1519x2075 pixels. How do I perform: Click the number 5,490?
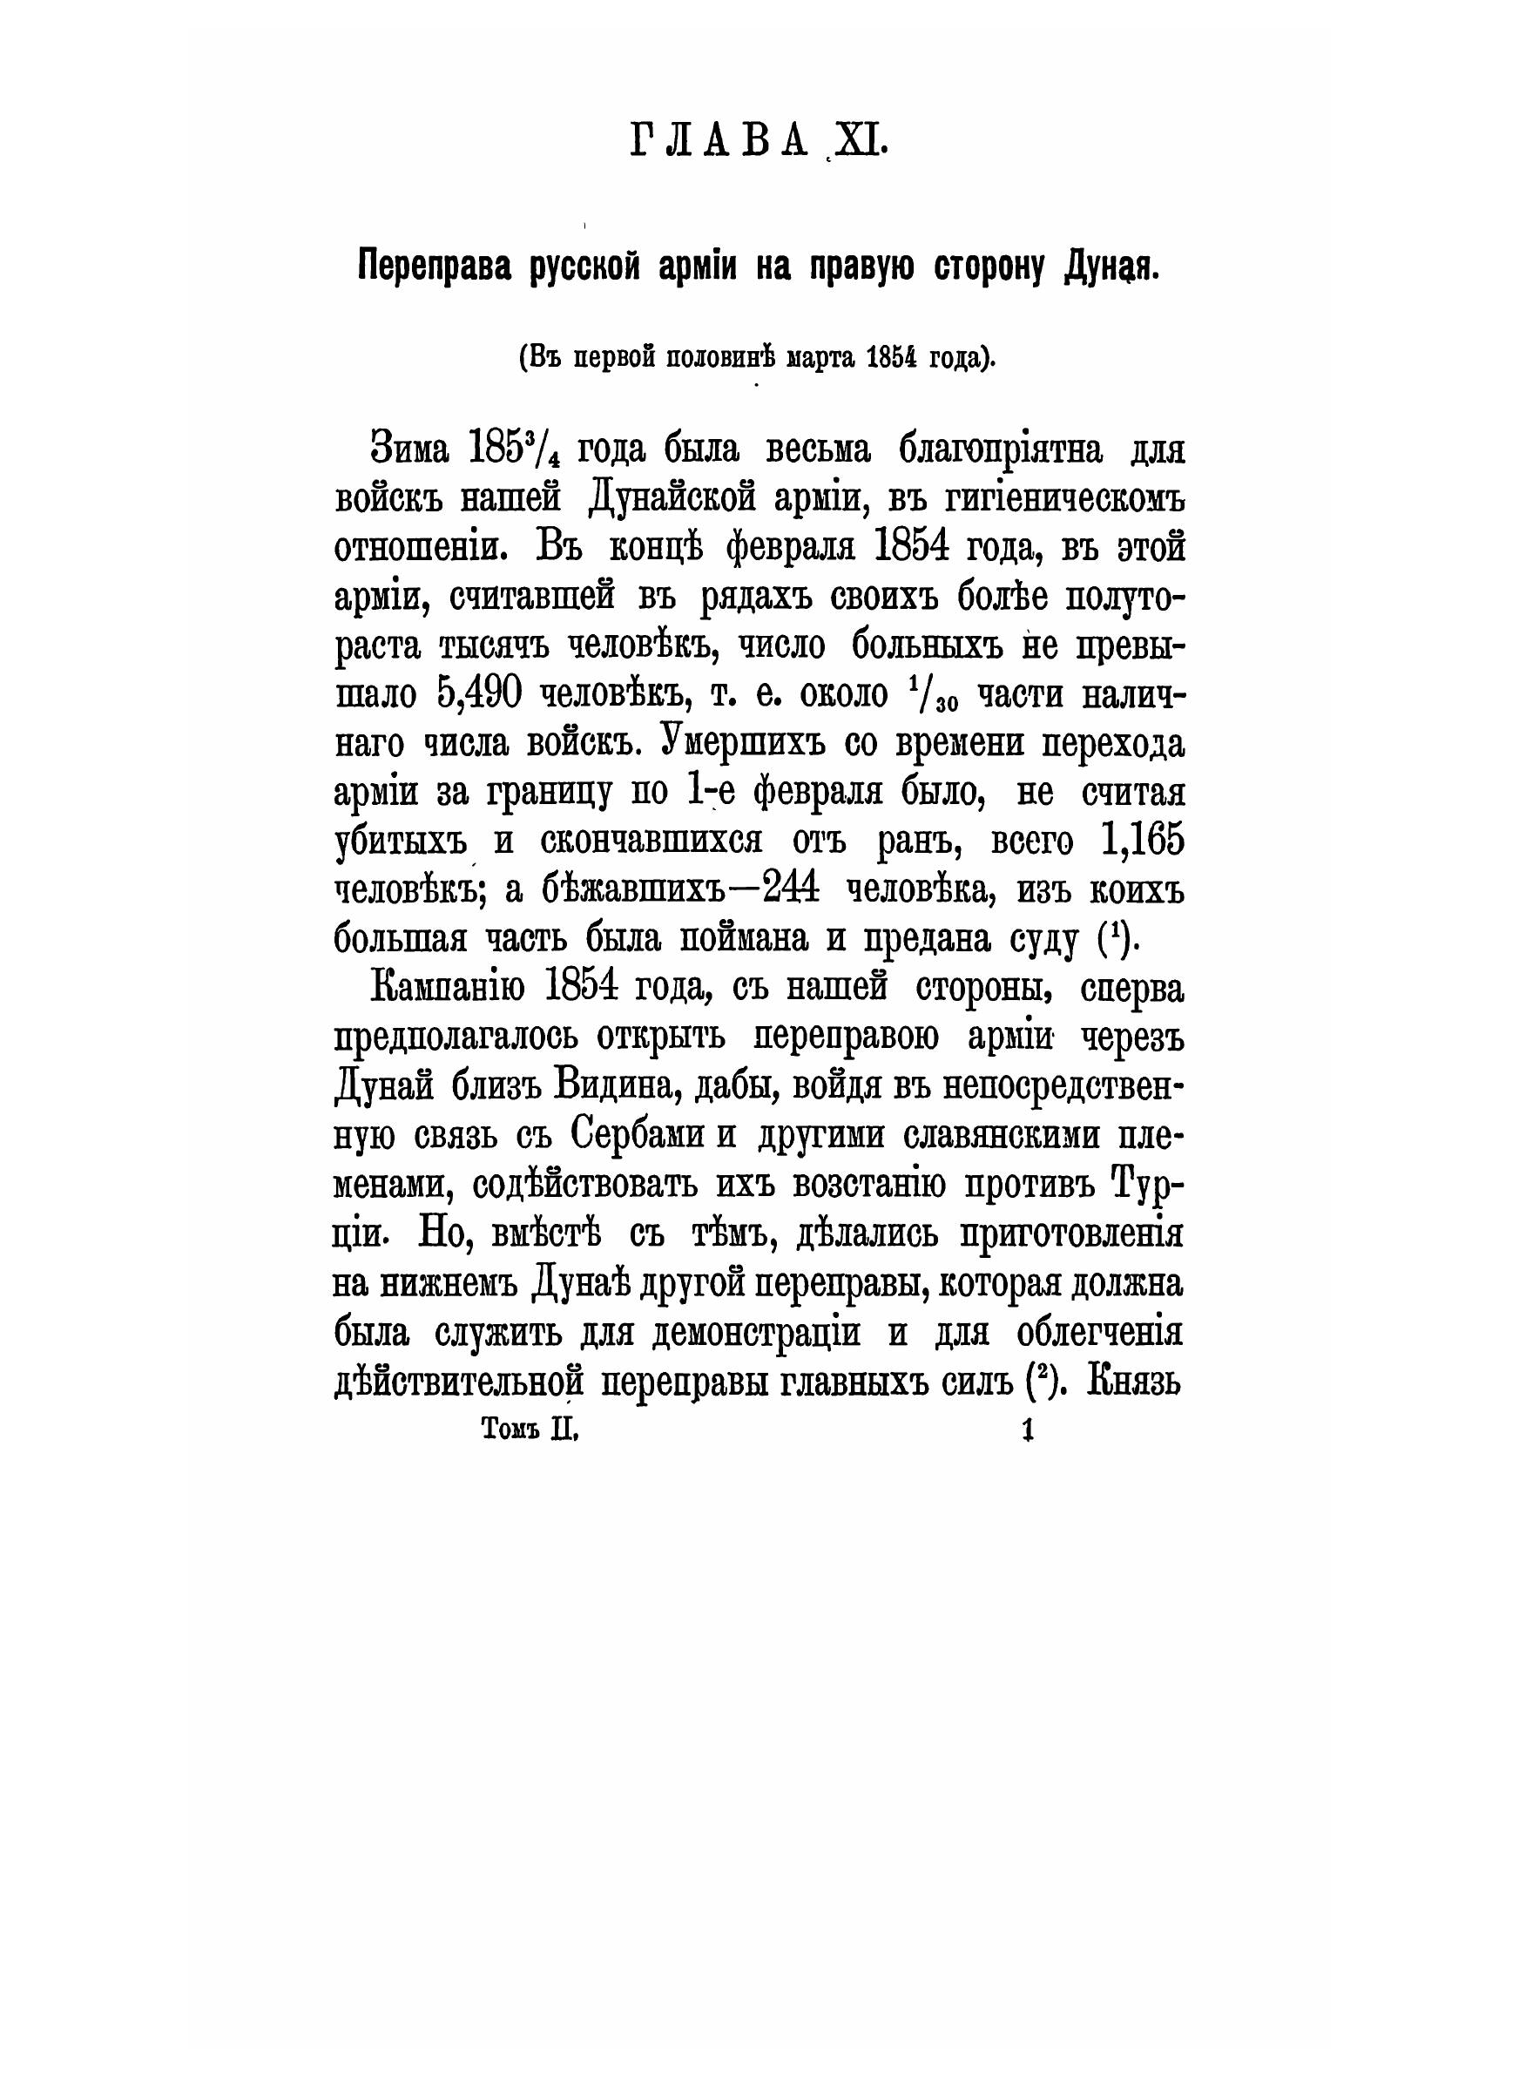476,694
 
